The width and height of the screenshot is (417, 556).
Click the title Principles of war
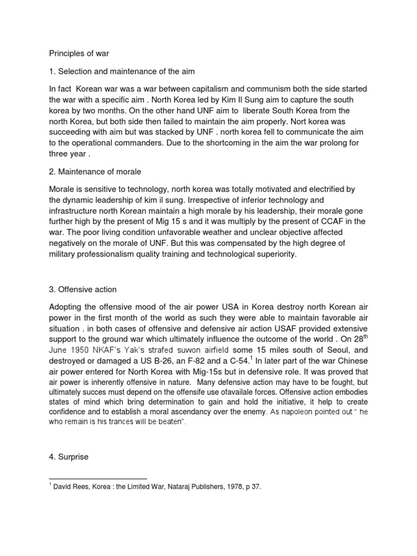(x=80, y=54)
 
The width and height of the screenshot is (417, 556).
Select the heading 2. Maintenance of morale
(x=95, y=172)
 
